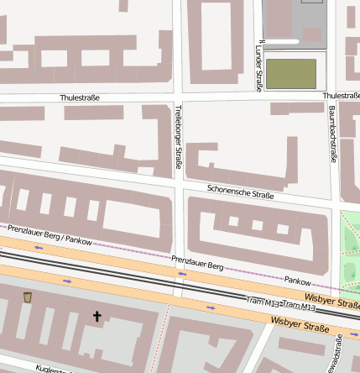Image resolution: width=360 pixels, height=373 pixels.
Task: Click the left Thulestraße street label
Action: [80, 98]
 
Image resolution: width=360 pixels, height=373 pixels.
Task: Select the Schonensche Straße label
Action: [240, 193]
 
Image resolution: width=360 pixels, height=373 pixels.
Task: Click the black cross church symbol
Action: [97, 317]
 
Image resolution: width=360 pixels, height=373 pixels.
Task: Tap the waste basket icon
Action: [28, 297]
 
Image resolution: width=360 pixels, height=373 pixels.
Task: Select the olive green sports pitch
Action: [291, 74]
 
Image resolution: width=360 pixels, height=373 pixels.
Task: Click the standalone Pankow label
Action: [297, 281]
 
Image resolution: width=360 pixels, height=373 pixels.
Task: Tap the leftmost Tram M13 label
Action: [263, 301]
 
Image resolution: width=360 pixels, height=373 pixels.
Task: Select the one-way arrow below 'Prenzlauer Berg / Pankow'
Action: [39, 248]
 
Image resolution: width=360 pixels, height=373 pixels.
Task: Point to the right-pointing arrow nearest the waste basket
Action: [67, 281]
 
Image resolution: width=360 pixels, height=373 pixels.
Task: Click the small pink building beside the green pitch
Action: [313, 35]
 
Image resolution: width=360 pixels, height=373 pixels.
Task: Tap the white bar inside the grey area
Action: [279, 39]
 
